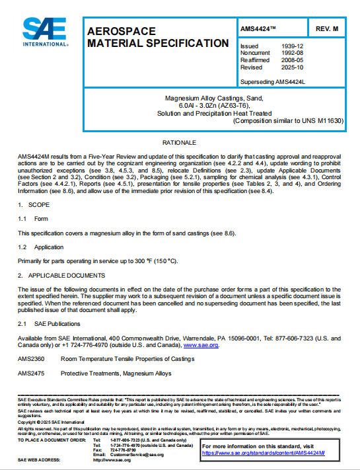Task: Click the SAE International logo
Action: [x=45, y=30]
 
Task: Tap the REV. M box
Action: [x=327, y=28]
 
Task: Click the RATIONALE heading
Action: [x=180, y=142]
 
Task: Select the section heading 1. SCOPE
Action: [x=34, y=206]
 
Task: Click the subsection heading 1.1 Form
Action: [x=33, y=218]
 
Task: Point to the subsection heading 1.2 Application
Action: [x=40, y=246]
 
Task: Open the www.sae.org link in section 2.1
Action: [x=201, y=344]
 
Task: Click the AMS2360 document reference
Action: [x=30, y=359]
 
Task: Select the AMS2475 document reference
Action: [x=30, y=373]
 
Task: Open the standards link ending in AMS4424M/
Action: [x=264, y=453]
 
